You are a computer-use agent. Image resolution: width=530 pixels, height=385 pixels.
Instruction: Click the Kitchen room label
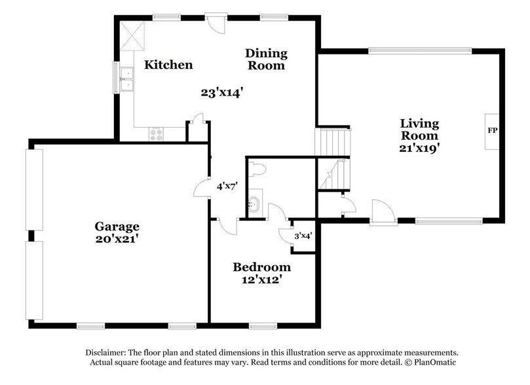168,65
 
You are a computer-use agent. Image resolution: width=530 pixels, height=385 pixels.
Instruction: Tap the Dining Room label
266,59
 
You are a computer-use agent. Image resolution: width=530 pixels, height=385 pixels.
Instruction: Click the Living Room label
420,130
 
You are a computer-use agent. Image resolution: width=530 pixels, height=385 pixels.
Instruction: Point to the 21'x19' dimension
420,148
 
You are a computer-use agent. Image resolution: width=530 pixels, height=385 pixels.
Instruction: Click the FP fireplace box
493,130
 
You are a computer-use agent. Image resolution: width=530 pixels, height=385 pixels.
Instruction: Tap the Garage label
117,227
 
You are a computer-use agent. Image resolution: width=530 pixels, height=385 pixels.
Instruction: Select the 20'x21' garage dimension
117,240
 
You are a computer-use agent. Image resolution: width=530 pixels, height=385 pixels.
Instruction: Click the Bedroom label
262,267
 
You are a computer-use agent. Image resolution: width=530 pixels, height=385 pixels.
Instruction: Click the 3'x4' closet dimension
303,235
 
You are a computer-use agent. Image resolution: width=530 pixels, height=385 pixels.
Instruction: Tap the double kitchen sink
126,79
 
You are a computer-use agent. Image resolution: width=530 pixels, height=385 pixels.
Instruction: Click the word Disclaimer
107,352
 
